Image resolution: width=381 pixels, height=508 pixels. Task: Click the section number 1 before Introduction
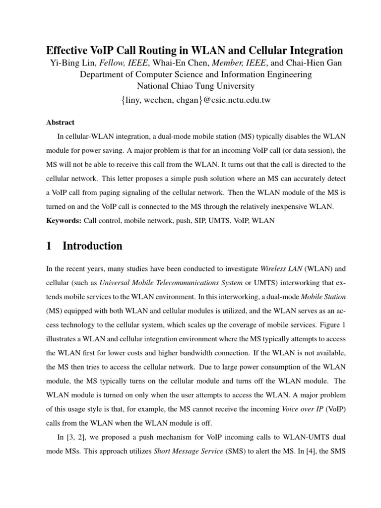49,246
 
